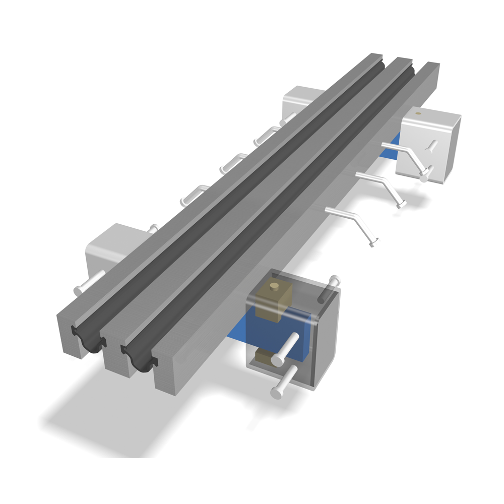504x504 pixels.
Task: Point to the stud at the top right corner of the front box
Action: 334,280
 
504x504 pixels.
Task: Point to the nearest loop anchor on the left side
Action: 194,194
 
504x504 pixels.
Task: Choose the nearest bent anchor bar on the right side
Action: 353,224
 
